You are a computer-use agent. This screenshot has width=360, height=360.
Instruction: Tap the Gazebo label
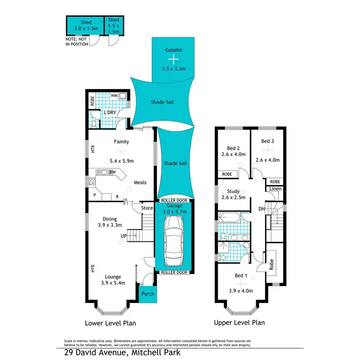pos(173,49)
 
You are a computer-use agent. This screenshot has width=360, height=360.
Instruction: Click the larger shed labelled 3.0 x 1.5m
pos(84,25)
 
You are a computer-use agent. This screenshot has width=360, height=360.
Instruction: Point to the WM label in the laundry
pos(114,96)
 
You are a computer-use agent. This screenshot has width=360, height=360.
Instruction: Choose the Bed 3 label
pos(268,142)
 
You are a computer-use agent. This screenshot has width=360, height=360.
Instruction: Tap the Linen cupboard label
pos(275,190)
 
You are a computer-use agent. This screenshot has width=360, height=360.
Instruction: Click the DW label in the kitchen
pos(112,171)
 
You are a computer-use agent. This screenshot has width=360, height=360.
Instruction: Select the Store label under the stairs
pos(147,208)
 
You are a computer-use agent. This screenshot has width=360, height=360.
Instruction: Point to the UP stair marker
pos(123,236)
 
